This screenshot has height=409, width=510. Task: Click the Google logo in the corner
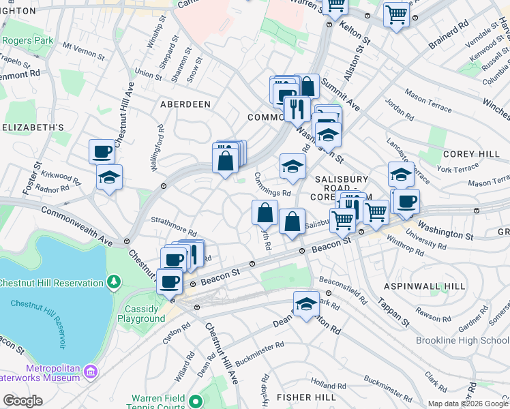pyautogui.click(x=22, y=401)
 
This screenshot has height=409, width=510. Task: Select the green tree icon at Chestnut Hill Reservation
pyautogui.click(x=114, y=282)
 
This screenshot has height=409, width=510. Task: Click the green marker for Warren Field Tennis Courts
pyautogui.click(x=195, y=401)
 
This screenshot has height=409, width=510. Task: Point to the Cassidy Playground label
pyautogui.click(x=141, y=314)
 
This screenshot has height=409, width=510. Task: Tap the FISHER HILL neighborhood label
pyautogui.click(x=303, y=397)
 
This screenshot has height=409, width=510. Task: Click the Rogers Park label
pyautogui.click(x=27, y=41)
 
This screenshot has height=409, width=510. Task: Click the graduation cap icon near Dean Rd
pyautogui.click(x=306, y=304)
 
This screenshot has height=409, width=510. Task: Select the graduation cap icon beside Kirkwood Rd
pyautogui.click(x=109, y=177)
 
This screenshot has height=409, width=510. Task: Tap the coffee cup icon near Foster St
pyautogui.click(x=102, y=151)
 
